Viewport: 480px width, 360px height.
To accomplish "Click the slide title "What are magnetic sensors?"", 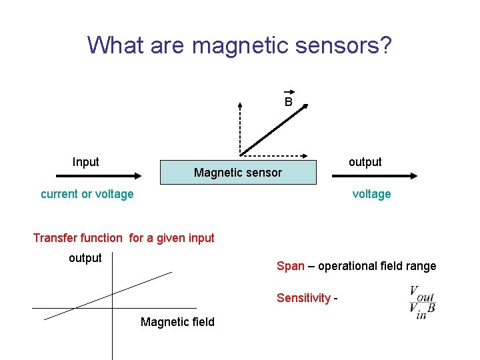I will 239,45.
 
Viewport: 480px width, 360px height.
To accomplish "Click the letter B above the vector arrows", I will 288,102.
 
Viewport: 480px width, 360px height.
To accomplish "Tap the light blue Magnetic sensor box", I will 237,173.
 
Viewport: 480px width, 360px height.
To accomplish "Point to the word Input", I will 85,162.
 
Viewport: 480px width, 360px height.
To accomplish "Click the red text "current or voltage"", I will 87,194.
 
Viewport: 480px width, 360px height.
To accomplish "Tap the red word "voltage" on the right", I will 371,194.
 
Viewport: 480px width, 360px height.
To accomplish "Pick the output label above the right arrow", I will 365,162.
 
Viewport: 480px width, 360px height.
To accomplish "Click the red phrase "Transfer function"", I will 78,238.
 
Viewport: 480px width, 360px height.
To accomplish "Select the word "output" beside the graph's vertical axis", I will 85,258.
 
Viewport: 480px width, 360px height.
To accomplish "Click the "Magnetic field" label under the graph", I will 177,322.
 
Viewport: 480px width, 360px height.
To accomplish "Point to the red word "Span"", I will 290,266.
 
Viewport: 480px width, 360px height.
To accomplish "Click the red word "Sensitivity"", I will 303,298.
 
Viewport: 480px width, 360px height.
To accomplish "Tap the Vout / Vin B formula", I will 422,302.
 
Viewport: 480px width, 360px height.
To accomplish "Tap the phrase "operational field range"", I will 377,266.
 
